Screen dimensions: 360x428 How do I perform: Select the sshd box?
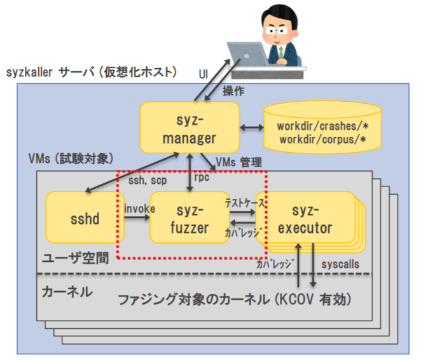81,219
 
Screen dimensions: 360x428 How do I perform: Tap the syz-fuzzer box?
190,218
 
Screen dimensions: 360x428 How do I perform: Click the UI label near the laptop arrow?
204,74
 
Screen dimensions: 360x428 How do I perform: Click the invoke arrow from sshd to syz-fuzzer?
135,218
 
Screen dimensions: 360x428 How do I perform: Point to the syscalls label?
340,262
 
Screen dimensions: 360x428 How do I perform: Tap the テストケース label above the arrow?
245,202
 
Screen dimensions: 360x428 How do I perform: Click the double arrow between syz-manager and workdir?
251,128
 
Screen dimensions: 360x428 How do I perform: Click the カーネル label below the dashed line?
66,293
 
